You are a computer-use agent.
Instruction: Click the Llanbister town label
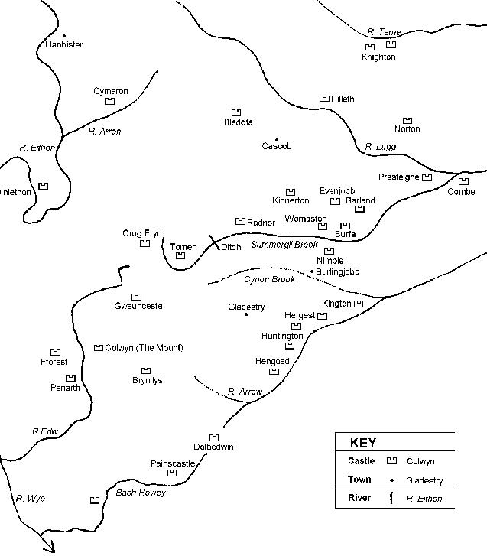[63, 45]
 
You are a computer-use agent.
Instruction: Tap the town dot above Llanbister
[64, 35]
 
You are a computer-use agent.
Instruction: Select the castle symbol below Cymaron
[109, 101]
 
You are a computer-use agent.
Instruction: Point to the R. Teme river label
[384, 32]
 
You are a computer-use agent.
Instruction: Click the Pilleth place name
[343, 99]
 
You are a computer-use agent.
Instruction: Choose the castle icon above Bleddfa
[237, 112]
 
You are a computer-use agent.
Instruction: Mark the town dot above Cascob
[277, 139]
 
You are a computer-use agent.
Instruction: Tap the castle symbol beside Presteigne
[427, 177]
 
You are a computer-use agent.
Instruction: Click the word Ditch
[231, 248]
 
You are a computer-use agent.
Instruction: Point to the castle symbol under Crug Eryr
[144, 244]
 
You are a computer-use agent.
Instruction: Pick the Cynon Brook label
[269, 280]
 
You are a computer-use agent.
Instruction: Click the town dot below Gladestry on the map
[246, 314]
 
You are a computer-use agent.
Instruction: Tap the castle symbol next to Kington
[359, 304]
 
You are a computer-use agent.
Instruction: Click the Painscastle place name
[173, 463]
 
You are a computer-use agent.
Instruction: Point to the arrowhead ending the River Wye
[52, 548]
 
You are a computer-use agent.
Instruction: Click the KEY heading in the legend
[362, 444]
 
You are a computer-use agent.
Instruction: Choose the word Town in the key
[359, 480]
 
